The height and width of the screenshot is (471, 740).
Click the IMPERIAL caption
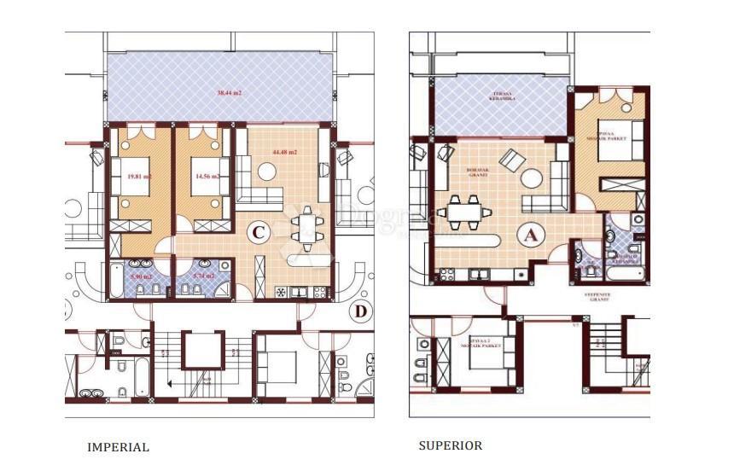click(x=118, y=447)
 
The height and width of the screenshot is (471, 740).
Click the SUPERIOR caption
click(x=450, y=445)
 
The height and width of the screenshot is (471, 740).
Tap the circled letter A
click(x=529, y=236)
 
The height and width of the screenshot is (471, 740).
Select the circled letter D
click(x=361, y=311)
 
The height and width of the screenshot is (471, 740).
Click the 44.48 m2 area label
click(x=284, y=153)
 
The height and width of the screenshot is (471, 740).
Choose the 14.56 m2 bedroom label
click(x=205, y=177)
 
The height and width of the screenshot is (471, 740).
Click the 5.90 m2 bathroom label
click(x=140, y=276)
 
